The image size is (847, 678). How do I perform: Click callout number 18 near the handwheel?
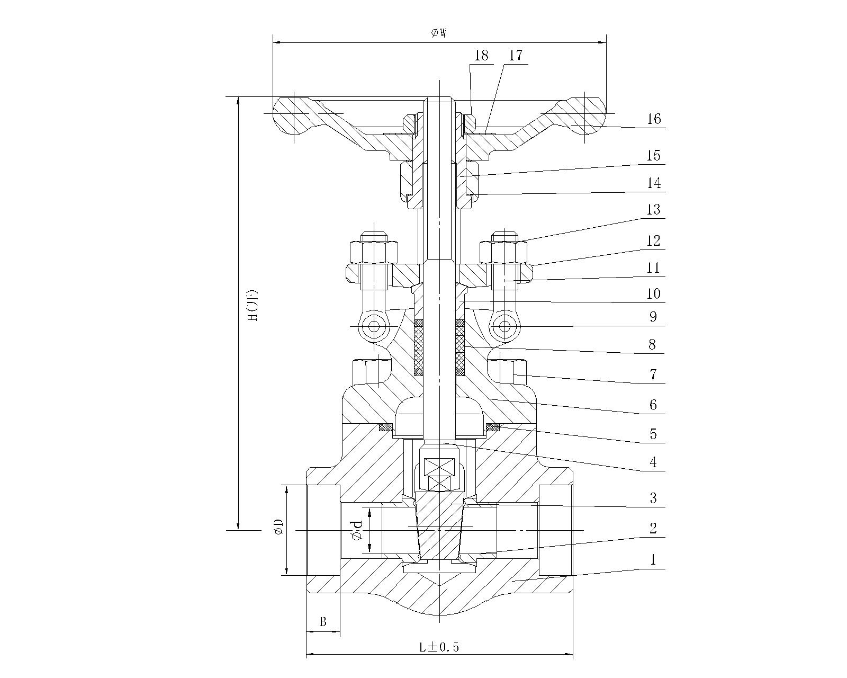pyautogui.click(x=481, y=55)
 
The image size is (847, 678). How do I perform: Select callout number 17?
pyautogui.click(x=516, y=55)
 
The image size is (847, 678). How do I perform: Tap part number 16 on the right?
pyautogui.click(x=654, y=119)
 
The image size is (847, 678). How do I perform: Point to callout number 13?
pyautogui.click(x=654, y=210)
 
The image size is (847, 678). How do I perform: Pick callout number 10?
pyautogui.click(x=654, y=293)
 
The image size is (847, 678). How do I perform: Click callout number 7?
pyautogui.click(x=653, y=374)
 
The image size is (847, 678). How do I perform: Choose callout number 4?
pyautogui.click(x=653, y=462)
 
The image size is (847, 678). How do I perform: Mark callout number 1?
pyautogui.click(x=653, y=560)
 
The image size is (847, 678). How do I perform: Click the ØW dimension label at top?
pyautogui.click(x=439, y=33)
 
